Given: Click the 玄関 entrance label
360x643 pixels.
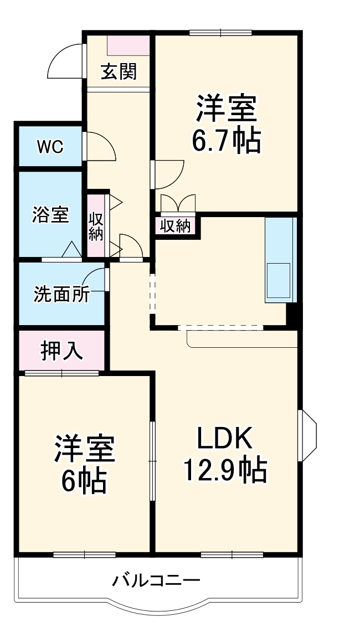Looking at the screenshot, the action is coord(119,73).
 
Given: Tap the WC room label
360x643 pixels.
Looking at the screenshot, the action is coord(50,146).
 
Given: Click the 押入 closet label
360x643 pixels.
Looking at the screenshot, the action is coord(61,351).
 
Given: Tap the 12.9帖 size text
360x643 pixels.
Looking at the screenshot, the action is coord(225,469).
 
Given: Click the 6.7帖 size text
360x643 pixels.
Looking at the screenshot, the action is coord(226,141).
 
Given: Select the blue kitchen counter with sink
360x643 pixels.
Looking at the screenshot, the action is coord(280,260).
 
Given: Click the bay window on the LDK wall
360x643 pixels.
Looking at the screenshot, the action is coord(309,435).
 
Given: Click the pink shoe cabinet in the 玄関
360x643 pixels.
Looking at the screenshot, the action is coord(128,45).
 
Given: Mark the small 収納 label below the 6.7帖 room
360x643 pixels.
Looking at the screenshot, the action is coord(176,226).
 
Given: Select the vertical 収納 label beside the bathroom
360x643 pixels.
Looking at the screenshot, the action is coord(95,226).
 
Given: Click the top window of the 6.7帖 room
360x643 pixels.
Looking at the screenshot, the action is coord(220,33).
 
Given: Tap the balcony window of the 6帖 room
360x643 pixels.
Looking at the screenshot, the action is coord(85,555).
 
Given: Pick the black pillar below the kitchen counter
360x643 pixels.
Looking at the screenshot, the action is coord(291,315).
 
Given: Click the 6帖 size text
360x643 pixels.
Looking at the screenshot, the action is coord(84,480).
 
